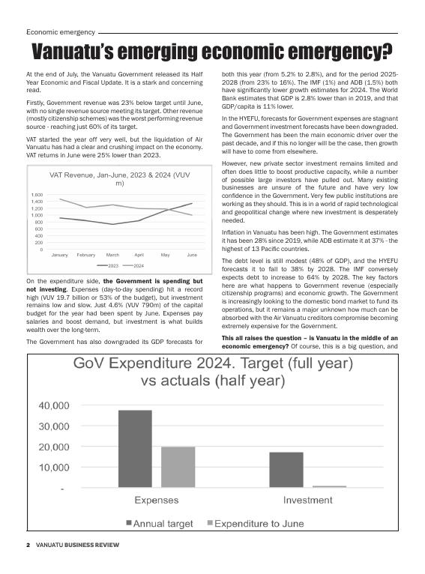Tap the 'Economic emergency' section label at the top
coord(60,32)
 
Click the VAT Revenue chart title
coord(120,179)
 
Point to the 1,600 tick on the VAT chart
coord(37,195)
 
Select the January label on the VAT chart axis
coord(59,255)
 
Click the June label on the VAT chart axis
coord(192,255)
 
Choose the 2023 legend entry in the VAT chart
coord(109,266)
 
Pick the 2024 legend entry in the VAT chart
coord(134,266)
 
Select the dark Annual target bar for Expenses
coord(135,449)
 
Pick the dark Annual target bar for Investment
coord(286,470)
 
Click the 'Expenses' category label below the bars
coord(156,500)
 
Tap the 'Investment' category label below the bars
coord(307,500)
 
